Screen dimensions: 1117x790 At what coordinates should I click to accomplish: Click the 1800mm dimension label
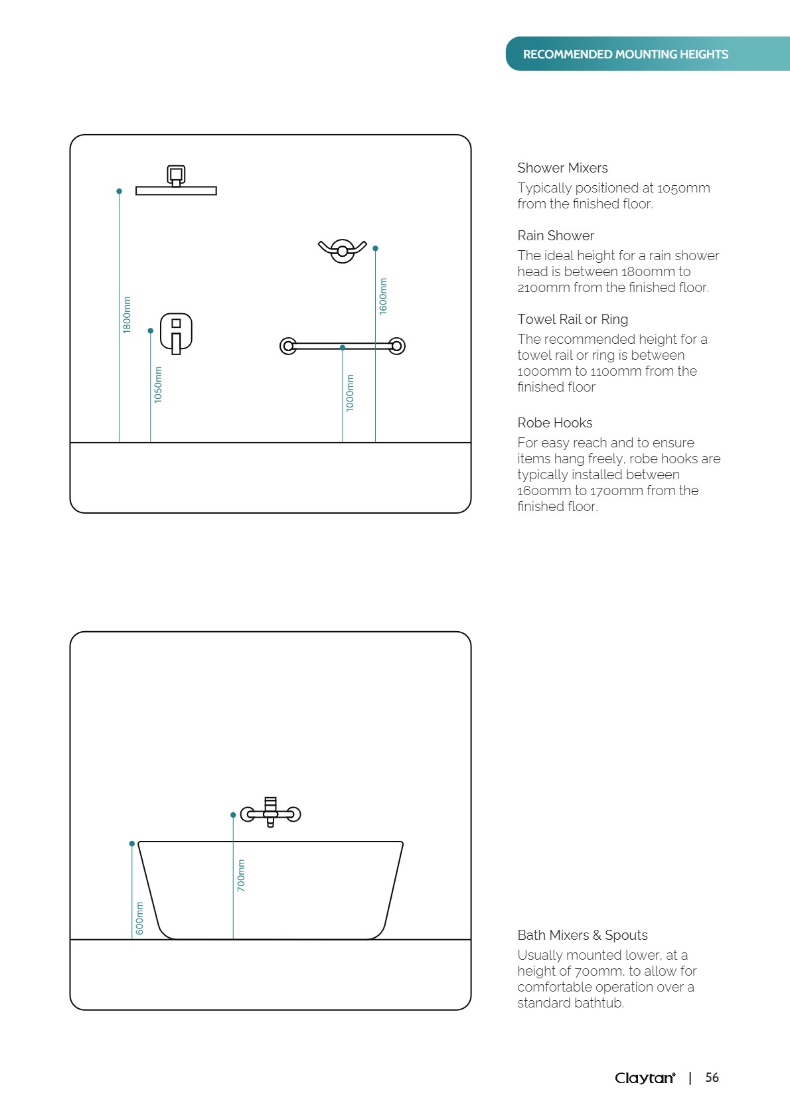[x=127, y=315]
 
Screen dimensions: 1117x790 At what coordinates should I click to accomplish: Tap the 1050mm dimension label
[x=158, y=384]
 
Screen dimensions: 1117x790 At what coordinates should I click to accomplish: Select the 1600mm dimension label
[x=383, y=296]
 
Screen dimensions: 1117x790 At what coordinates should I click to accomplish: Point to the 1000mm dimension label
[x=350, y=393]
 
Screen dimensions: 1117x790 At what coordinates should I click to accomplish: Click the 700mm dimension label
[x=241, y=875]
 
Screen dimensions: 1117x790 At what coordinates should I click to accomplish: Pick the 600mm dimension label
[x=139, y=918]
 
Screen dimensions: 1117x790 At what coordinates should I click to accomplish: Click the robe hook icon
[x=342, y=250]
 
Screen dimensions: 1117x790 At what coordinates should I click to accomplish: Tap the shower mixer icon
[x=177, y=333]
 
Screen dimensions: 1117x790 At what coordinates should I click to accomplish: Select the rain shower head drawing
[x=176, y=182]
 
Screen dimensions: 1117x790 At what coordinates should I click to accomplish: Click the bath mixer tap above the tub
[x=270, y=812]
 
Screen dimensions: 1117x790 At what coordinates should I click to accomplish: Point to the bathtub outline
[x=270, y=889]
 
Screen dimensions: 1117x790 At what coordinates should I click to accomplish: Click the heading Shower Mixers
[x=562, y=168]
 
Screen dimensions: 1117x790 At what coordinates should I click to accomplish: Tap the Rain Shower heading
[x=556, y=236]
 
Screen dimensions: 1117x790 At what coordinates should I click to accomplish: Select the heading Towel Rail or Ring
[x=572, y=319]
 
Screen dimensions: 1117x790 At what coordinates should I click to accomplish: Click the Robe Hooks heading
[x=555, y=423]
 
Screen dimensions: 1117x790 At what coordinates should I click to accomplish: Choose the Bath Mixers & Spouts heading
[x=582, y=935]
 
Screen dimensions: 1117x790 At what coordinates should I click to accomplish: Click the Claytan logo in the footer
[x=645, y=1078]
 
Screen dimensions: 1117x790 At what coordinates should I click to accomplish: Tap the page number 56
[x=712, y=1078]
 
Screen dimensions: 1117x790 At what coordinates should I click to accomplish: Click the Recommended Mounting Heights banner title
[x=625, y=54]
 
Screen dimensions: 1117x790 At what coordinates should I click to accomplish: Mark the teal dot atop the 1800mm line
[x=119, y=191]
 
